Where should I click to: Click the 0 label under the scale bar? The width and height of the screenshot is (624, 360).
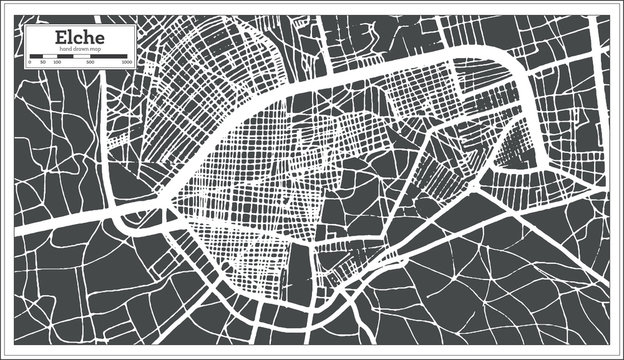29,62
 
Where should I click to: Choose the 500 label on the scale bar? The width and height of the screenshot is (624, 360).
89,62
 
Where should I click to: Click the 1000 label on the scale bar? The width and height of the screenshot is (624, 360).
127,62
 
